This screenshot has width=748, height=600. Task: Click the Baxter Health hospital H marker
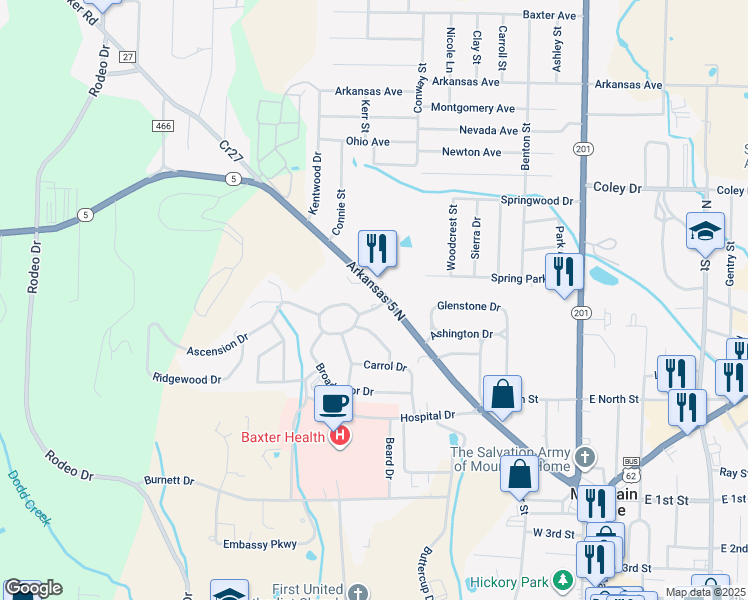[341, 436]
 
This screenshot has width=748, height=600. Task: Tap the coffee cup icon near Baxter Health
[332, 403]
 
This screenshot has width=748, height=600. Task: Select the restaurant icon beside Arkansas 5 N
[377, 246]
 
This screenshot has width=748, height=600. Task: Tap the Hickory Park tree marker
[563, 580]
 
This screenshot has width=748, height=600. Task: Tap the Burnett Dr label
[168, 480]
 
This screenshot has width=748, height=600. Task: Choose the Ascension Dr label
[217, 347]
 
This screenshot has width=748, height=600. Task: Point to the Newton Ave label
[472, 152]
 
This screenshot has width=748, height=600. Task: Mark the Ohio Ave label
[367, 142]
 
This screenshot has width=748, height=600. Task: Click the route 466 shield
[164, 125]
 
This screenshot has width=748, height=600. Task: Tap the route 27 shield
[126, 57]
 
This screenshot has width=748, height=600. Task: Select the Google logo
[33, 587]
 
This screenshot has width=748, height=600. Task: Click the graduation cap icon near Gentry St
[705, 231]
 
